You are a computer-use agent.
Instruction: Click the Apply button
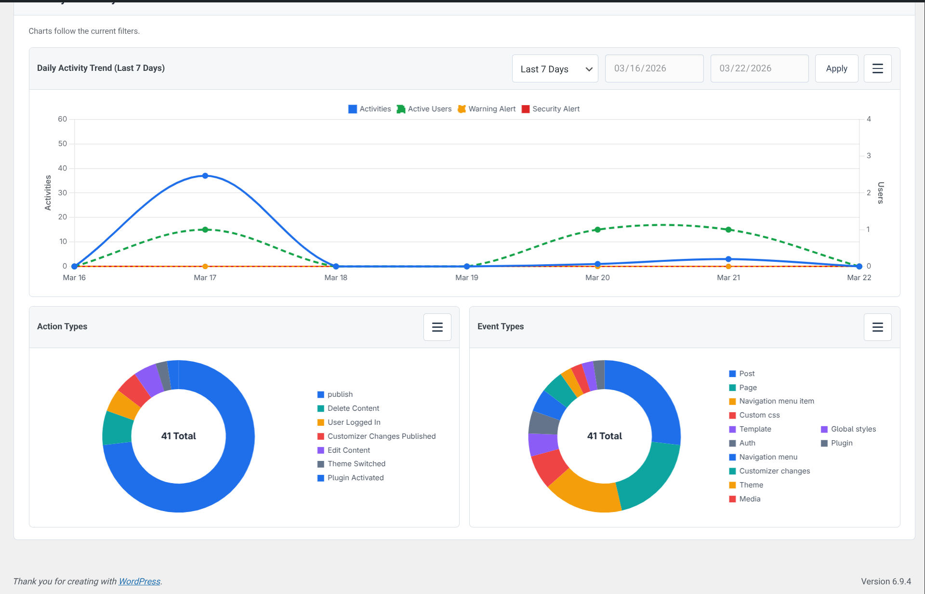click(836, 68)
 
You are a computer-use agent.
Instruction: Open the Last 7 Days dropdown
click(555, 68)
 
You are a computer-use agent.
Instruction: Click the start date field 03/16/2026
click(654, 68)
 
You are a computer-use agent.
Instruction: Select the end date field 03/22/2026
click(759, 68)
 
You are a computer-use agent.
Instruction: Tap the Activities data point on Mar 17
click(205, 176)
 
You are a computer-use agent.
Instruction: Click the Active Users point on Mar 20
click(597, 229)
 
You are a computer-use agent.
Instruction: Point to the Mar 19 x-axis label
click(466, 278)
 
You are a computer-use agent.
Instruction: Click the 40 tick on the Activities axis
click(63, 168)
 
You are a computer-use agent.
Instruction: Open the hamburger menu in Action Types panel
click(437, 327)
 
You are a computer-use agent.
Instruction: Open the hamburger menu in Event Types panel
click(877, 327)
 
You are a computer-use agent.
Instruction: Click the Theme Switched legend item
click(356, 464)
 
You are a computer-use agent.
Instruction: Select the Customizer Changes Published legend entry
click(381, 436)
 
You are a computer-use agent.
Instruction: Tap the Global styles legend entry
click(853, 429)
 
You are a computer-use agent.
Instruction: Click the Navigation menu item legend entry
click(776, 401)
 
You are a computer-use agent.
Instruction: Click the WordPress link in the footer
click(139, 581)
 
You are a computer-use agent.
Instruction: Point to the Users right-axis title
click(880, 193)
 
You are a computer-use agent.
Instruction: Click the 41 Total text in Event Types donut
click(604, 436)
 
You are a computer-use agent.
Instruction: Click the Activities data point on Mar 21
click(728, 259)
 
